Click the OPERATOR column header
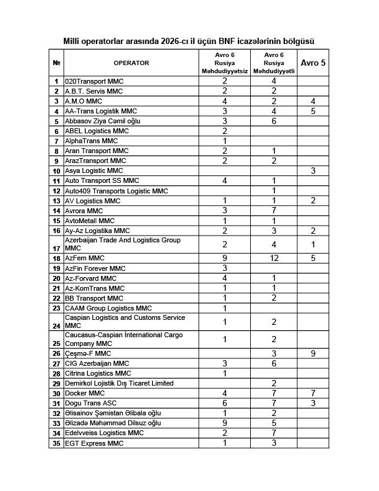pos(131,63)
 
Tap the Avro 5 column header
pos(313,63)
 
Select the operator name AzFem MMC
pos(85,258)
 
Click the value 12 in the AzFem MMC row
pos(274,258)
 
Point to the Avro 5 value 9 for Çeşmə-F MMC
pos(313,353)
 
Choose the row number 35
pos(56,444)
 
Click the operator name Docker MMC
pos(86,393)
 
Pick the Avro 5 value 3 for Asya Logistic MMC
pos(313,170)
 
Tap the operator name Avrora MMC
pos(84,211)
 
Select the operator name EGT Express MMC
pos(95,444)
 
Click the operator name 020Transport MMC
pos(94,81)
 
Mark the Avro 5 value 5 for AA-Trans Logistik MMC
pos(313,111)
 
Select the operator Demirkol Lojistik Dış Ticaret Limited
pos(119,383)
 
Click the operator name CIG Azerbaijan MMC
pos(97,363)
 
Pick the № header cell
pos(56,63)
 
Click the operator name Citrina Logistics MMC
pos(98,373)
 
